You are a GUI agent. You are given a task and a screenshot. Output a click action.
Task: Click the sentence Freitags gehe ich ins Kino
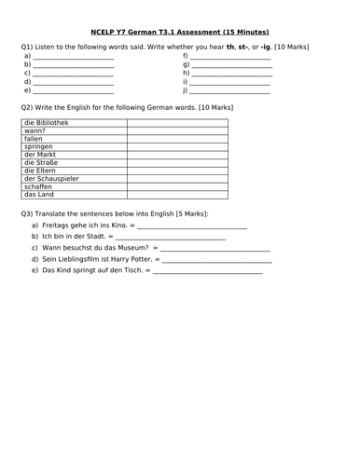coord(82,226)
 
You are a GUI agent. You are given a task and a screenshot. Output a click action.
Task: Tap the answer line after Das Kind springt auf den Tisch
coord(207,272)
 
